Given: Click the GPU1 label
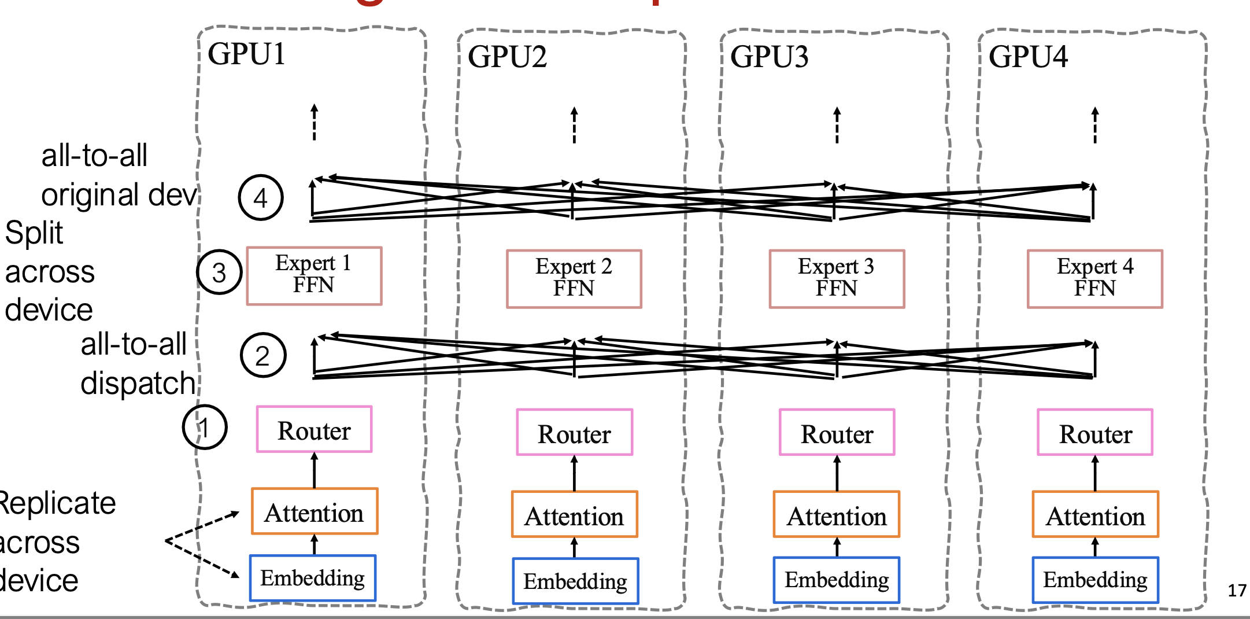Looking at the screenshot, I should click(x=247, y=54).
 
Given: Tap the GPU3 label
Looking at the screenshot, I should click(x=769, y=57).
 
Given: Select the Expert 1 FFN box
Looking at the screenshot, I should click(x=314, y=275).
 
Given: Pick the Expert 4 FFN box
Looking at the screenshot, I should click(x=1094, y=278).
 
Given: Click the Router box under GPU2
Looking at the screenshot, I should click(x=574, y=433).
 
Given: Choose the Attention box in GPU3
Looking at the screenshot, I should click(x=837, y=514).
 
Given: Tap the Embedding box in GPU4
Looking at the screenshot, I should click(x=1095, y=580).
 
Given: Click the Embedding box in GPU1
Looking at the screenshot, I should click(x=313, y=578).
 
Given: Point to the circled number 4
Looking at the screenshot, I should click(x=261, y=198).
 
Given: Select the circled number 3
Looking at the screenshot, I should click(x=219, y=272).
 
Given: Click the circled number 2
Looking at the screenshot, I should click(x=262, y=355).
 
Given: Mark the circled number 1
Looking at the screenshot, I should click(x=205, y=428).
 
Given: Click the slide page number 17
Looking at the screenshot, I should click(x=1237, y=591).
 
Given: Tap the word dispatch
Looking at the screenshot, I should click(x=138, y=384).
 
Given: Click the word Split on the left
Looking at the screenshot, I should click(x=34, y=233).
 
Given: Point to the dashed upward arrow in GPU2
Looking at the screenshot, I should click(x=574, y=125).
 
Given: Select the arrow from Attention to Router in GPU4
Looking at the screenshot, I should click(x=1094, y=473).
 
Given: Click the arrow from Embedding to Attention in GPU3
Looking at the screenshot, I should click(x=837, y=547).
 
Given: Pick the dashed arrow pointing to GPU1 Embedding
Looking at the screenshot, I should click(x=202, y=559).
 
